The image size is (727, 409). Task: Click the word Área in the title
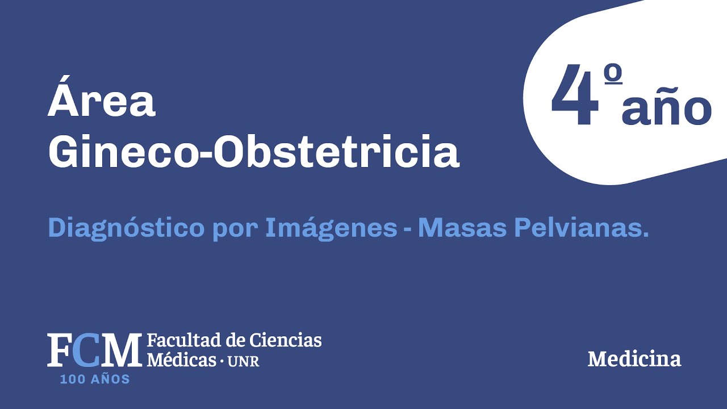[x=101, y=102]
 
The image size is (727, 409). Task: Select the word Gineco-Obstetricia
[x=253, y=152]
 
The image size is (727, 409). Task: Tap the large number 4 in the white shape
[x=575, y=97]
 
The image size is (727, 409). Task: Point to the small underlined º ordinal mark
[x=613, y=77]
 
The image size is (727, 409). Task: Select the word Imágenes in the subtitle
[x=331, y=228]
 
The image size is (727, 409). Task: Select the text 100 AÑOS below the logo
[x=95, y=379]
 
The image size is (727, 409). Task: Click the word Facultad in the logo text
[x=179, y=341]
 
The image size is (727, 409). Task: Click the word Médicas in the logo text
[x=181, y=360]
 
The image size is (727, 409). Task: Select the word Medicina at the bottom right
[x=634, y=359]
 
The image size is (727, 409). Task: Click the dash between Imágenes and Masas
[x=407, y=229]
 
